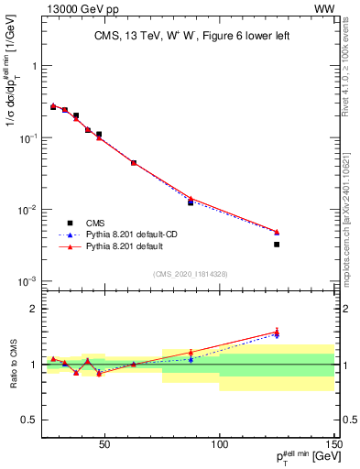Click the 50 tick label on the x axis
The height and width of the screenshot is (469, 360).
pos(104,445)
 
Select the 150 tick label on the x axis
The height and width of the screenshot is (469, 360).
pos(334,445)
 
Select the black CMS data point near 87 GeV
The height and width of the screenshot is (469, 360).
pos(191,202)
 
